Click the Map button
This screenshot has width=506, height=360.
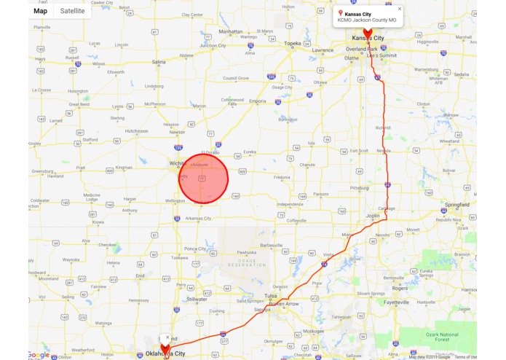coord(41,11)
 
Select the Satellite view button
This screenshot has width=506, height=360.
coord(72,11)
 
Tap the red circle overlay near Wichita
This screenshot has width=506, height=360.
coord(204,178)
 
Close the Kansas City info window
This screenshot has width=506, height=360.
coord(400,9)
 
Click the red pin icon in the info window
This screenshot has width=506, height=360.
coord(341,13)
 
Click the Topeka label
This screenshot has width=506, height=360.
coord(292,44)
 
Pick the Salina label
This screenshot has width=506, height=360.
coord(159,63)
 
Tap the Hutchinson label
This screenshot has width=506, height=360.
coord(137,131)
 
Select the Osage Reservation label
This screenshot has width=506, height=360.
coord(248,263)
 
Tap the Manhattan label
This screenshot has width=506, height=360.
coord(231,32)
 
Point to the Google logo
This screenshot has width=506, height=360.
coord(39,355)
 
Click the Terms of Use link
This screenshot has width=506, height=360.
coord(466,357)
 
